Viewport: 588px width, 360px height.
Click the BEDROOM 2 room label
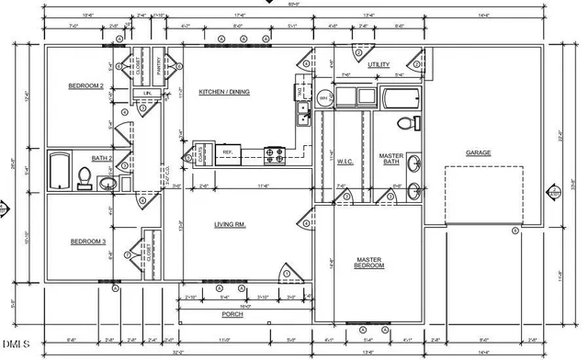(85, 86)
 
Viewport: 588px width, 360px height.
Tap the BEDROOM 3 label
(88, 242)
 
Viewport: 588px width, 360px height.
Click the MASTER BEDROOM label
(370, 264)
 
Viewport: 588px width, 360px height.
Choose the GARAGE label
(479, 152)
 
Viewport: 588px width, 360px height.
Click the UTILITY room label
(379, 65)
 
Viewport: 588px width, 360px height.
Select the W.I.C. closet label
(345, 162)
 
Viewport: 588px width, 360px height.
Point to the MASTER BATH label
(391, 160)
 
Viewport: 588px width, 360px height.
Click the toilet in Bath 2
(85, 177)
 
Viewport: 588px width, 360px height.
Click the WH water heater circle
(323, 97)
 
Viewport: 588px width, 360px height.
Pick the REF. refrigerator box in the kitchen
(230, 152)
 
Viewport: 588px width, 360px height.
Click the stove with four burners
(274, 152)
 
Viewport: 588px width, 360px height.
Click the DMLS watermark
(17, 345)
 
